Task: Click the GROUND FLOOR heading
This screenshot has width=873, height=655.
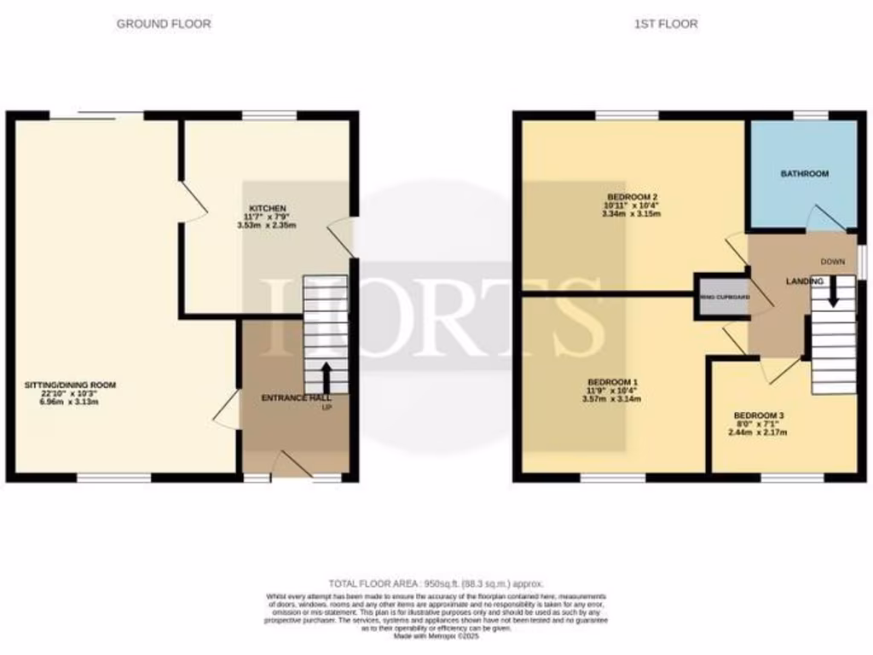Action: pyautogui.click(x=164, y=24)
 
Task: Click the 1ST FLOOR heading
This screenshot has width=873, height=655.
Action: pyautogui.click(x=666, y=24)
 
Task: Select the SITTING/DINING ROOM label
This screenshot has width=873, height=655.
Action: pyautogui.click(x=70, y=385)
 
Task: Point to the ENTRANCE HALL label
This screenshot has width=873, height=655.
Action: pyautogui.click(x=296, y=397)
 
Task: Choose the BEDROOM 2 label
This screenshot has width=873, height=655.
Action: pyautogui.click(x=632, y=196)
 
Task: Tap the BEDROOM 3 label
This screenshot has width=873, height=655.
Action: pyautogui.click(x=759, y=415)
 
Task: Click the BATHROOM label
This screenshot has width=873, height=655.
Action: pyautogui.click(x=805, y=174)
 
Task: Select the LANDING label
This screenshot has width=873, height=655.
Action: pyautogui.click(x=804, y=281)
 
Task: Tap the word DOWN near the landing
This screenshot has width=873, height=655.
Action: pyautogui.click(x=832, y=262)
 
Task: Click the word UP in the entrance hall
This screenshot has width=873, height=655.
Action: pyautogui.click(x=327, y=408)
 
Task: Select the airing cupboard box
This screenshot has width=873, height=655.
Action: pyautogui.click(x=723, y=297)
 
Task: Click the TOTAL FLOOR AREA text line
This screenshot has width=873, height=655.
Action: pyautogui.click(x=436, y=583)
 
